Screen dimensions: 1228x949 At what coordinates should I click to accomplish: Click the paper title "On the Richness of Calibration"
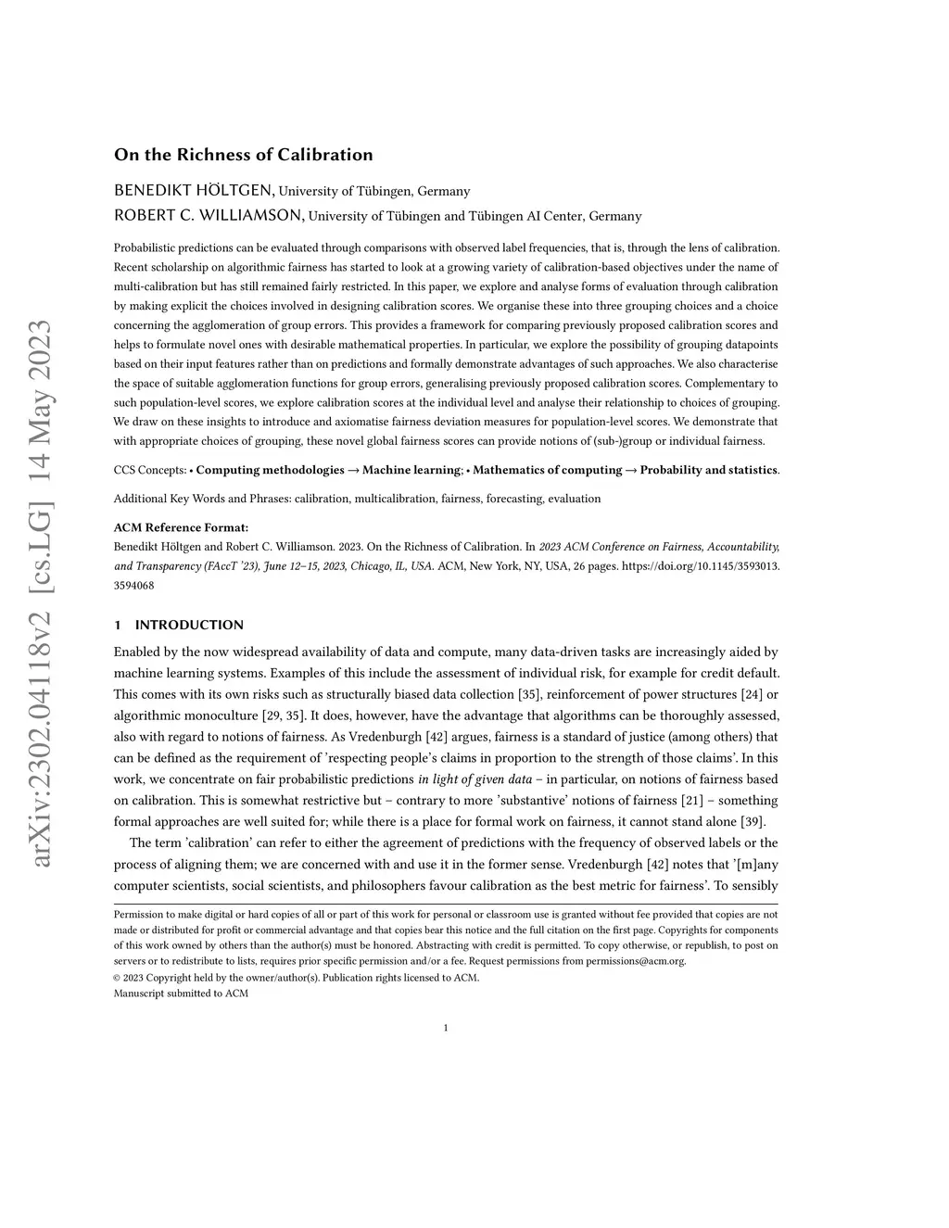click(243, 155)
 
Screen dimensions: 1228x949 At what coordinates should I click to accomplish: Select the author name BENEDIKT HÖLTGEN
click(194, 191)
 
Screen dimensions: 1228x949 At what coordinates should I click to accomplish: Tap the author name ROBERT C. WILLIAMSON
click(209, 216)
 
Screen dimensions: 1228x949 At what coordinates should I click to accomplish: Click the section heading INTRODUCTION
click(189, 625)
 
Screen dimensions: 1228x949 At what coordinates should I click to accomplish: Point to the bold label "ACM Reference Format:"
click(181, 527)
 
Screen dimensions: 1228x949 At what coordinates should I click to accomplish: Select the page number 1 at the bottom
click(446, 1028)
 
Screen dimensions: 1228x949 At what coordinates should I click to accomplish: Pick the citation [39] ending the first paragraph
click(751, 821)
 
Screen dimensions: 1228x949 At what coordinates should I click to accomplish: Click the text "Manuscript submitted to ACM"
click(181, 994)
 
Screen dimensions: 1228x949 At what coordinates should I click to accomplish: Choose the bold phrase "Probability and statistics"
click(708, 470)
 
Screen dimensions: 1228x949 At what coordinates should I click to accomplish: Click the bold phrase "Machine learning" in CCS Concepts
click(411, 470)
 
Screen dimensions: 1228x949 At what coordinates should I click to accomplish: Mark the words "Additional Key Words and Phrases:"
click(202, 499)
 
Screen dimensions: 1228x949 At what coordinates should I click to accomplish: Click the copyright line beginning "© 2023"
click(297, 978)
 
